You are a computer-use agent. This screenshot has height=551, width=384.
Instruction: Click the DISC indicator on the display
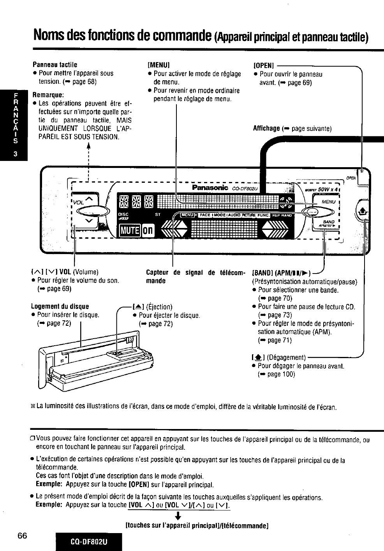coord(123,214)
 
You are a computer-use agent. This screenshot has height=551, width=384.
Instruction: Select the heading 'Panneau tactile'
coord(55,65)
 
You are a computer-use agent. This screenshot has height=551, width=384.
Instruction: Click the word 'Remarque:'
coord(48,95)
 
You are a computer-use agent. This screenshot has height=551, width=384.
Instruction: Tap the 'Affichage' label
coord(266,128)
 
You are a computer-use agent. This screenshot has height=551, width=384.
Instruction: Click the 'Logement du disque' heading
coord(60,306)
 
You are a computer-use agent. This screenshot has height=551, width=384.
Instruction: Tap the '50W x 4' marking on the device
coord(328,189)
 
